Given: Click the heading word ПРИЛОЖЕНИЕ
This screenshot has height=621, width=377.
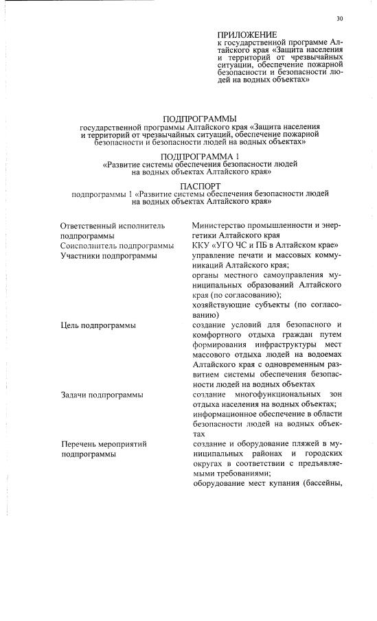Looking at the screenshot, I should tap(247, 34).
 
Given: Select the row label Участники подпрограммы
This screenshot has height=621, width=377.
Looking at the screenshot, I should tap(108, 255).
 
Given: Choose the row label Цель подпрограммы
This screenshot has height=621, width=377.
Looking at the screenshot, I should tap(97, 325).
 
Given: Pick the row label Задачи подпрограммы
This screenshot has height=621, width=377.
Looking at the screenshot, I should tap(102, 395).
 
